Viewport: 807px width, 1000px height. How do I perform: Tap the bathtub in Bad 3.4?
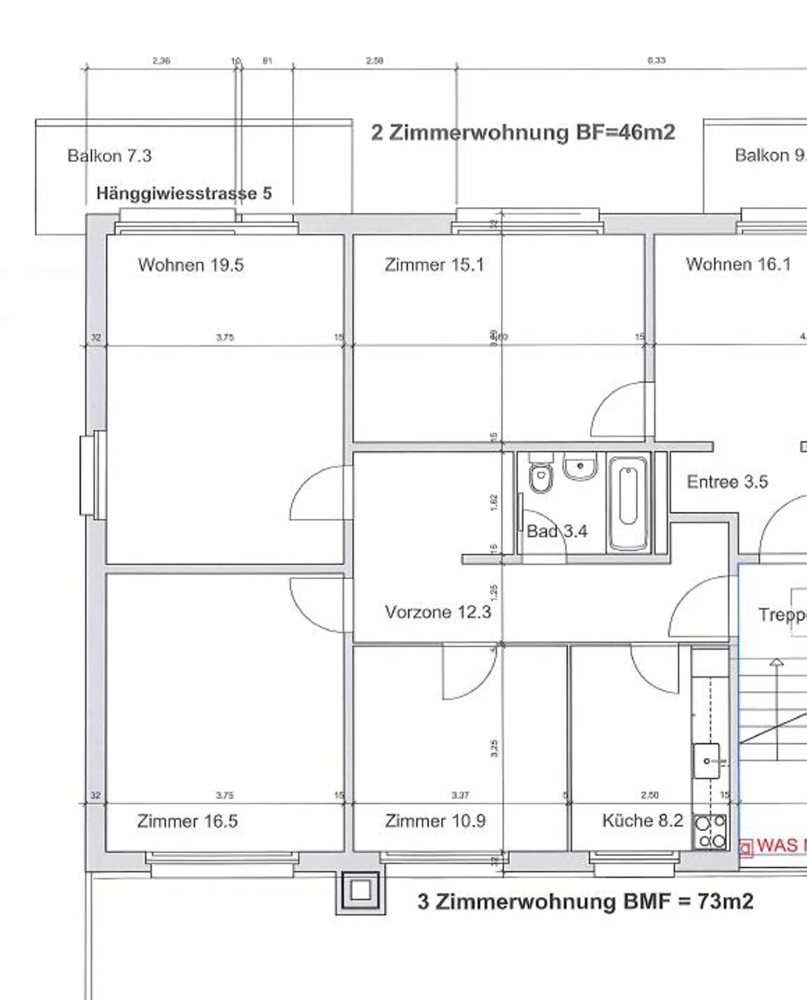coord(628,503)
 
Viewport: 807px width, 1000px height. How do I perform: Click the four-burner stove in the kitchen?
coord(711,832)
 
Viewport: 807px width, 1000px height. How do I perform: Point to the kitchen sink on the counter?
coord(707,761)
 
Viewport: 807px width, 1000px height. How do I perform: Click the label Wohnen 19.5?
coord(191,265)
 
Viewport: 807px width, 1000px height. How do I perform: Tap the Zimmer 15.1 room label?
coord(434,265)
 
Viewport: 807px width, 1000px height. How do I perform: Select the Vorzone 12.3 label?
coord(438,612)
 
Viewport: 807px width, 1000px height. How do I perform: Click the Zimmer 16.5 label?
coord(187,821)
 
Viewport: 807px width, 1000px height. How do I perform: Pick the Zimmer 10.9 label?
coord(435,821)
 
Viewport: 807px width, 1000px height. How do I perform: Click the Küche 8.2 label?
coord(642,821)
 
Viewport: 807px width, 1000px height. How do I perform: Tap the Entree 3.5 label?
coord(727,482)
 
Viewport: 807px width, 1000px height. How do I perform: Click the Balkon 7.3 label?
coord(109,156)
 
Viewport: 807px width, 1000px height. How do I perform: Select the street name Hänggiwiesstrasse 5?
coord(184,194)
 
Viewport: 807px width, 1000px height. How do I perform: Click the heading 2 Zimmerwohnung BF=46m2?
coord(523,133)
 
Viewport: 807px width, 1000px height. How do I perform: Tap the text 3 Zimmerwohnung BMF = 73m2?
coord(585,901)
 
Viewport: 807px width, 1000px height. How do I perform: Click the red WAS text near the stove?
coord(780,845)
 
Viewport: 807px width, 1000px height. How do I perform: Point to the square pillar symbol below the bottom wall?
coord(360,890)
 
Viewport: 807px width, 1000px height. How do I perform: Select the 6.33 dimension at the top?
coord(656,61)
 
